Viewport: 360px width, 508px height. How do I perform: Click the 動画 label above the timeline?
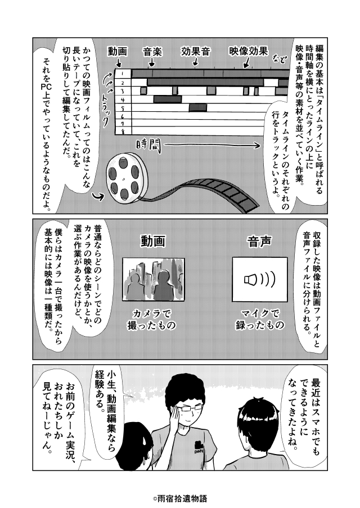[x=117, y=52]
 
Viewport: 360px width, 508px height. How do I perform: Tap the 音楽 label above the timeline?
[x=152, y=52]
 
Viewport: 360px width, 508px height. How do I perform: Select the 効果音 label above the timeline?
[x=196, y=52]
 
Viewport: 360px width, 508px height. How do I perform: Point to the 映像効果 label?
[x=249, y=51]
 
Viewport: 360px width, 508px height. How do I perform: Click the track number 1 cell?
[x=123, y=74]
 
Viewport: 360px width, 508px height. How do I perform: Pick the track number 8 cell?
[x=123, y=131]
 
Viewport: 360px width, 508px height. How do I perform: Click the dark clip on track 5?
[x=198, y=107]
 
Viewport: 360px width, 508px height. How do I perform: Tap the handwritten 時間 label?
[x=148, y=146]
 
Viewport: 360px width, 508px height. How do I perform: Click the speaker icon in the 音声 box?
[x=259, y=279]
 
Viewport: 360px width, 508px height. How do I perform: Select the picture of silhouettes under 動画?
[x=154, y=279]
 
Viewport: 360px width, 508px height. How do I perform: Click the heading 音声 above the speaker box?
[x=259, y=242]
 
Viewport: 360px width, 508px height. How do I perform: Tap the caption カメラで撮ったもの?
[x=152, y=319]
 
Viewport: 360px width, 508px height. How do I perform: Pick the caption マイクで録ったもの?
[x=259, y=319]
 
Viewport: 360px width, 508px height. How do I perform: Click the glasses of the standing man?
[x=190, y=407]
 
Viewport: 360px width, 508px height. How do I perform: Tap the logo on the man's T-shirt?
[x=197, y=447]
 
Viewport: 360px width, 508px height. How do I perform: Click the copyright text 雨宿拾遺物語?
[x=180, y=498]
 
